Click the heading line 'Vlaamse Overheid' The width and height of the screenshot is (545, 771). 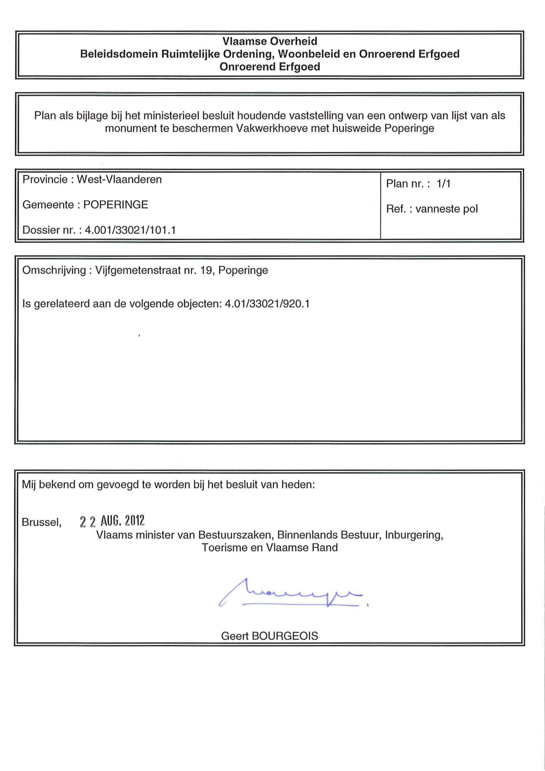tap(270, 41)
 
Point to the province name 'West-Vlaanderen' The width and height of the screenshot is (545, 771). tap(119, 179)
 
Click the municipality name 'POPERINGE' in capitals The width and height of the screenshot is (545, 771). tap(115, 205)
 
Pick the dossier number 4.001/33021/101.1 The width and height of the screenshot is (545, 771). tap(130, 230)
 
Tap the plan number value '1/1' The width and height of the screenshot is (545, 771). tap(443, 183)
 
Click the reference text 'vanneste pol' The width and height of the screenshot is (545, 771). tap(446, 209)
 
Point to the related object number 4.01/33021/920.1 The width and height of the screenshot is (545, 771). tap(267, 304)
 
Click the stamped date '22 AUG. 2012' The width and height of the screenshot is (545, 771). tap(112, 521)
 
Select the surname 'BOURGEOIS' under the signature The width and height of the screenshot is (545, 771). tap(285, 636)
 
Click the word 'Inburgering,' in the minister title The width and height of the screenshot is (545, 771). tap(414, 535)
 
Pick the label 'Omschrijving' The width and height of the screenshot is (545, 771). tap(54, 270)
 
